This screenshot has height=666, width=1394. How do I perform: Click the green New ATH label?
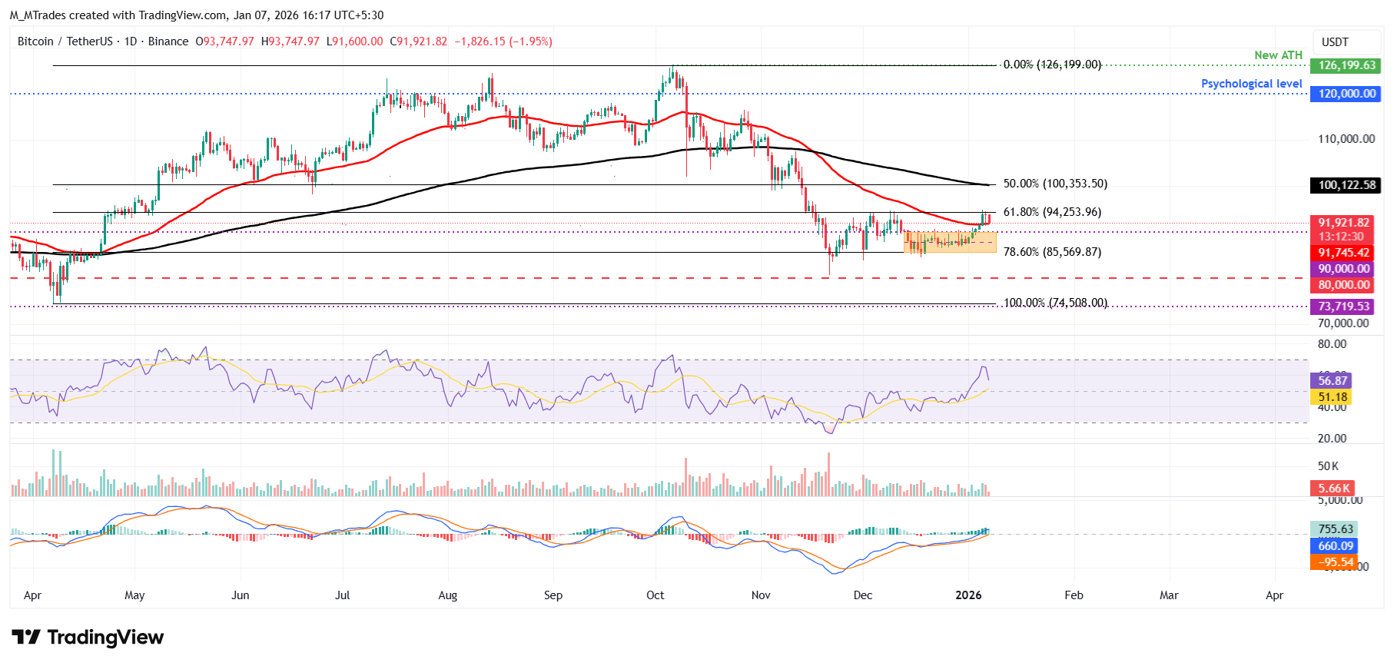(x=1278, y=55)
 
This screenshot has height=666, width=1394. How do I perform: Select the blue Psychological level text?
(x=1251, y=84)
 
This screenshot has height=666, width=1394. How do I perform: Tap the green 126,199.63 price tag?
(x=1346, y=65)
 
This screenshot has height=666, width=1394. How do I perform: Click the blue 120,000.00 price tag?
(x=1346, y=94)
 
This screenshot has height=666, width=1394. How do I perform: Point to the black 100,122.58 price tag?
(x=1346, y=185)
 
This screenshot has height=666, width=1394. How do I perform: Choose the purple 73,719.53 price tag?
(x=1343, y=306)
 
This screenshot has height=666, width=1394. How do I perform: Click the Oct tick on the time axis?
(x=656, y=595)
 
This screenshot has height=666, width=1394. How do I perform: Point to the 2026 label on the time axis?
(x=968, y=595)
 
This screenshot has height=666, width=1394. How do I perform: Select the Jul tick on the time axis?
(x=343, y=595)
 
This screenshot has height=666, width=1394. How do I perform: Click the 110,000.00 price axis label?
(x=1346, y=139)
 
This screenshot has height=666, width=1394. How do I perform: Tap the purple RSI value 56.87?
(x=1333, y=381)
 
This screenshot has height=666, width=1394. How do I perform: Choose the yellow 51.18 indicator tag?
(x=1333, y=397)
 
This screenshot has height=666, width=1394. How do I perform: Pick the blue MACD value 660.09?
(x=1336, y=546)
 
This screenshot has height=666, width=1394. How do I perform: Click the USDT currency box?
(x=1335, y=42)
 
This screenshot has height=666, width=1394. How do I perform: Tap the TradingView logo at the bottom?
(x=88, y=638)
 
